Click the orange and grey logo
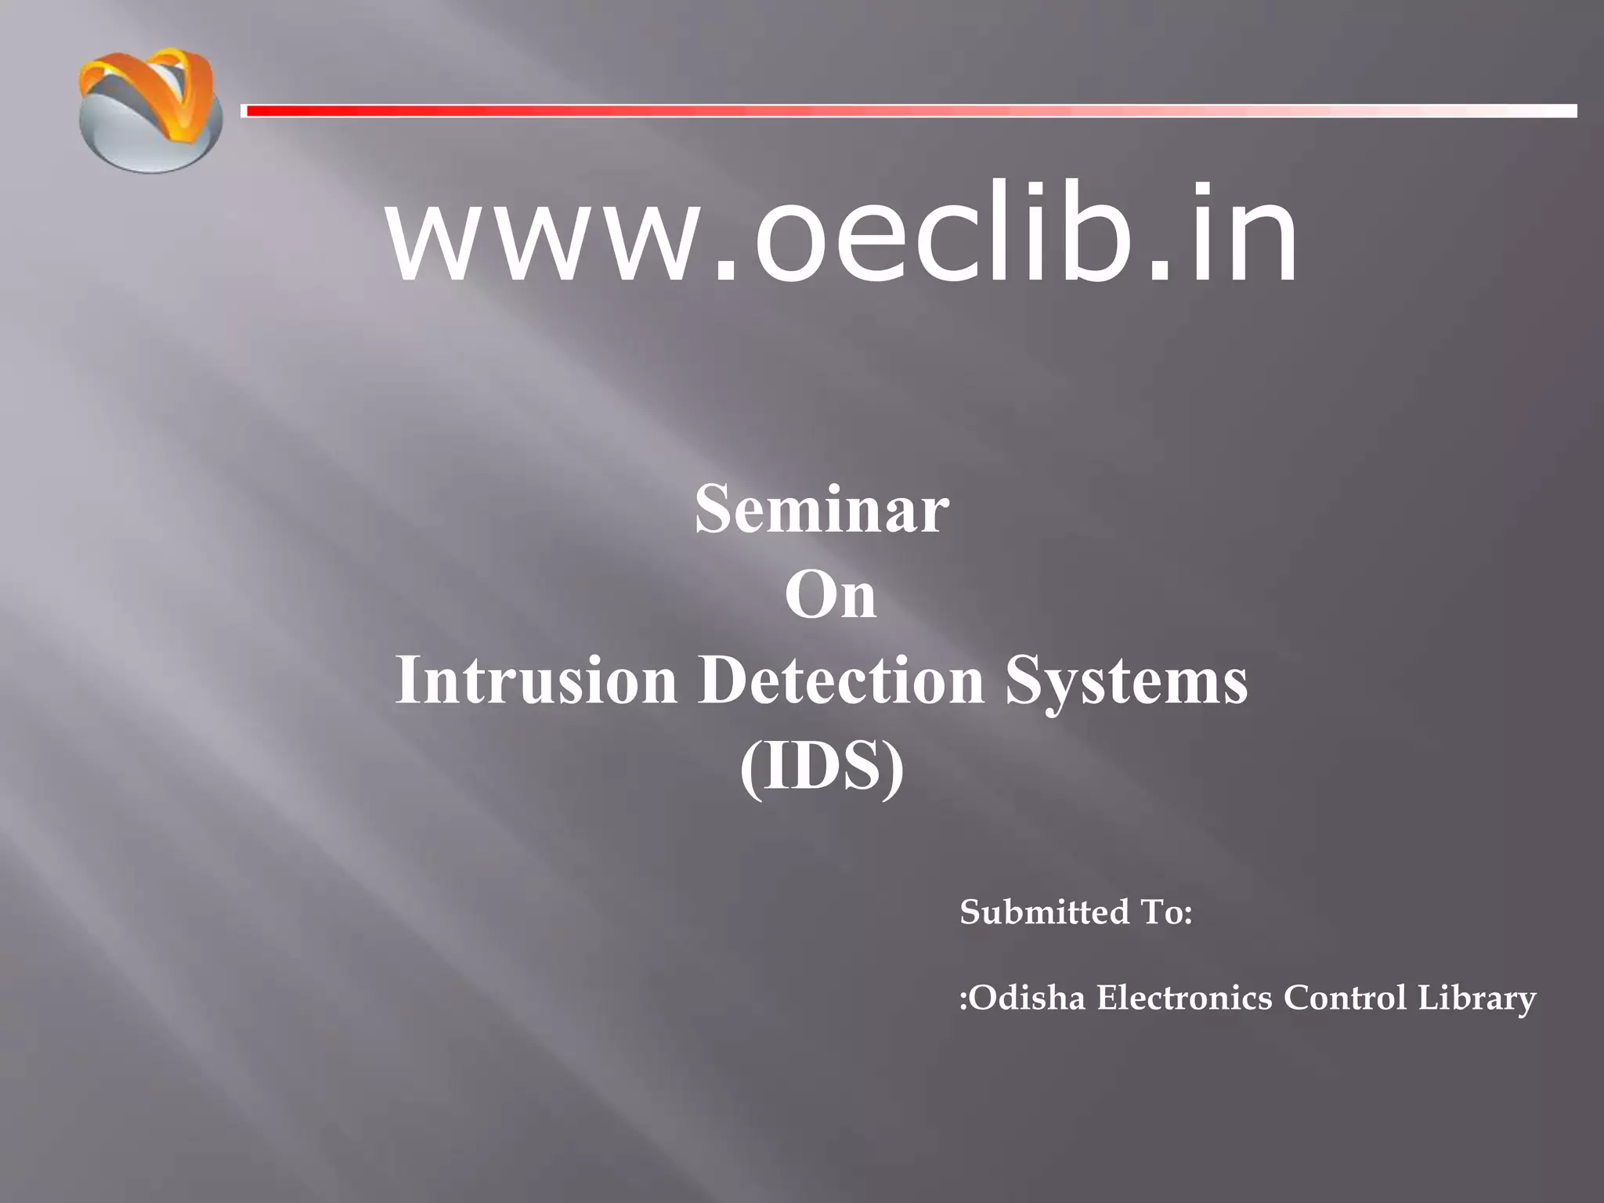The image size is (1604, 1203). click(150, 110)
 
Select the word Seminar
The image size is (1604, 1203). click(822, 510)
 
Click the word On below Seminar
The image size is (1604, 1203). click(830, 595)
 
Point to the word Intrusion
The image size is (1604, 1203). click(536, 680)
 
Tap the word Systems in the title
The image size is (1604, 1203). click(1126, 681)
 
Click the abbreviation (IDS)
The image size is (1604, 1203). click(822, 768)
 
